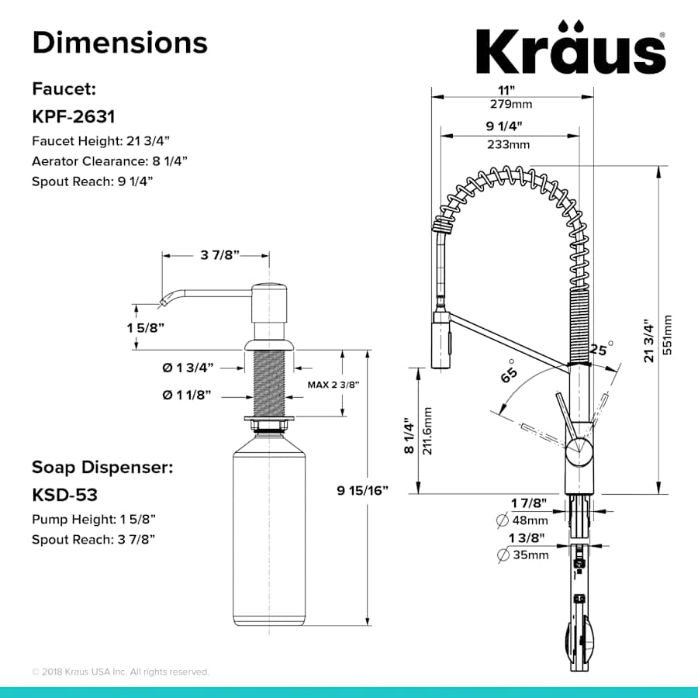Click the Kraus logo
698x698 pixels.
[570, 51]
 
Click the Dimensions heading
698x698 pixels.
[119, 42]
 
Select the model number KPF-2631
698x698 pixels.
[74, 116]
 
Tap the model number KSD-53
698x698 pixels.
[64, 493]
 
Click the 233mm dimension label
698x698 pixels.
[510, 144]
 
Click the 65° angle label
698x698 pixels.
[509, 371]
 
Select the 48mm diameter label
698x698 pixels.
[530, 520]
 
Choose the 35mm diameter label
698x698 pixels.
[530, 555]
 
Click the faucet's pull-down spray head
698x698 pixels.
[441, 338]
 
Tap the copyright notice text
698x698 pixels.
[120, 672]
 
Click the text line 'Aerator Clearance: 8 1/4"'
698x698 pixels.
[109, 161]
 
